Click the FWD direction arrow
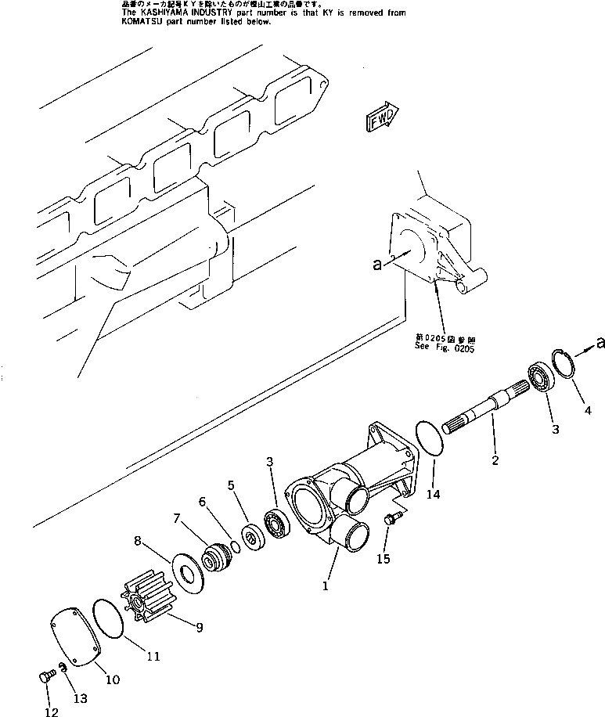tap(382, 117)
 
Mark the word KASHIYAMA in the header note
tap(167, 13)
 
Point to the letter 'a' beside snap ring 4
tap(600, 342)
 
